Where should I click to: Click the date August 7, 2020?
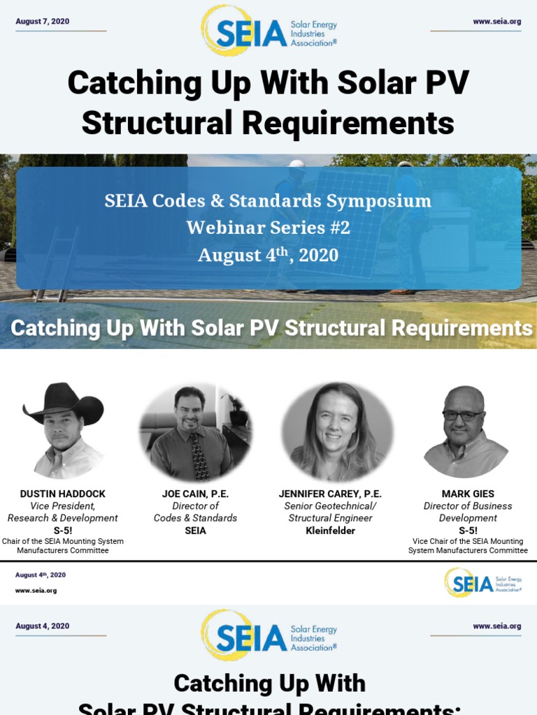(x=42, y=22)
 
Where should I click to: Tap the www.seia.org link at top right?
(x=496, y=22)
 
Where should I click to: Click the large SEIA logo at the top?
(x=268, y=31)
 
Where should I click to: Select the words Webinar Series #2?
(x=268, y=228)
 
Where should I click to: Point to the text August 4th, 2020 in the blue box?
(x=268, y=255)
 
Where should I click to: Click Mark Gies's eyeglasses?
(x=462, y=415)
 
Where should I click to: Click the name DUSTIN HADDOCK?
(x=62, y=494)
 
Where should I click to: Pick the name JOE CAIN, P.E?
(x=195, y=494)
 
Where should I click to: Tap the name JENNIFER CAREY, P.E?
(x=330, y=494)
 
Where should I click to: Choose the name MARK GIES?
(x=468, y=494)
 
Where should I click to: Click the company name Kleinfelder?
(x=331, y=531)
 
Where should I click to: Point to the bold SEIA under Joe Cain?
(x=195, y=531)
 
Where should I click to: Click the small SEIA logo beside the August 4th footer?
(x=482, y=582)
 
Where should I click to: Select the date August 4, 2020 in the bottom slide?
(x=42, y=626)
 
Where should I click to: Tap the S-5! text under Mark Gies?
(x=468, y=531)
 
